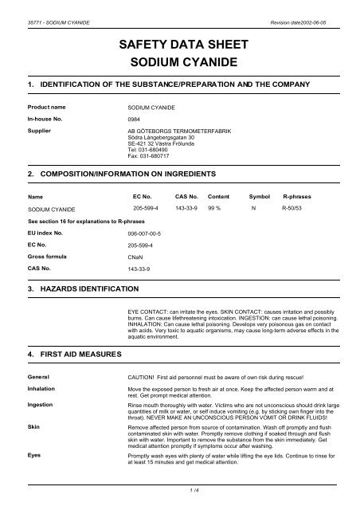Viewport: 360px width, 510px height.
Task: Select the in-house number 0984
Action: (x=135, y=116)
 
